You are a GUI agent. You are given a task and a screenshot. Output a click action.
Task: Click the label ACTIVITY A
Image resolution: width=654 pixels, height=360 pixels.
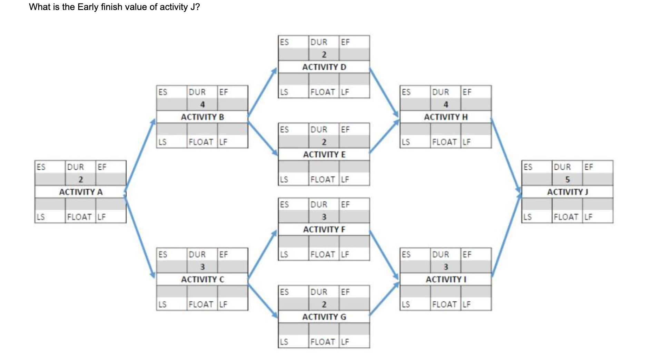pyautogui.click(x=81, y=192)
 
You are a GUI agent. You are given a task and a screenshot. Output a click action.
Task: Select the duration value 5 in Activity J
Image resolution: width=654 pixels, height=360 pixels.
pyautogui.click(x=567, y=179)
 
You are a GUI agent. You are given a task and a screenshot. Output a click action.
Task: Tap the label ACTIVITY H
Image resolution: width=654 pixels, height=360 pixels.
pyautogui.click(x=446, y=117)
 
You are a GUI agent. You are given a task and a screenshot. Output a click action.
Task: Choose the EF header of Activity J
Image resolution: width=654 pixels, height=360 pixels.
pyautogui.click(x=588, y=167)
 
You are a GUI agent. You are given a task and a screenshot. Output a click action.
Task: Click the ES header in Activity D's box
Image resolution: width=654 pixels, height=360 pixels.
pyautogui.click(x=284, y=42)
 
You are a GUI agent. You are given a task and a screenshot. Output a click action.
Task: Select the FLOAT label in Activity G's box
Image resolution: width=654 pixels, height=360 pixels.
pyautogui.click(x=323, y=342)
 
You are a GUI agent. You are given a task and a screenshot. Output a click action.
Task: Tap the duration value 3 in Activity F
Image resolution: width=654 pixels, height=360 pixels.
pyautogui.click(x=324, y=217)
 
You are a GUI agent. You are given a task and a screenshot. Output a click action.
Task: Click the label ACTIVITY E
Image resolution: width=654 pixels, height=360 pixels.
pyautogui.click(x=324, y=154)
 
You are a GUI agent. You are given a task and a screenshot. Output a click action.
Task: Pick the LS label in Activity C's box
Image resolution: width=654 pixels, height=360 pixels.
pyautogui.click(x=162, y=304)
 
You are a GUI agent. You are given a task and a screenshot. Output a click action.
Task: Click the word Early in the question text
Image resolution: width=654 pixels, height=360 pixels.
pyautogui.click(x=88, y=7)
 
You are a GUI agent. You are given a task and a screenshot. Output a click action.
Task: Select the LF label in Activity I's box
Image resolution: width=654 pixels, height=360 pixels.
pyautogui.click(x=466, y=304)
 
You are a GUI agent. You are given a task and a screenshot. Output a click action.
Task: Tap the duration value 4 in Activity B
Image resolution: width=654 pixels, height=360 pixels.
pyautogui.click(x=202, y=104)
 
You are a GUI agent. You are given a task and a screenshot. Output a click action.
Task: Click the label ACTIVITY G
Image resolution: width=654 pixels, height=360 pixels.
pyautogui.click(x=324, y=317)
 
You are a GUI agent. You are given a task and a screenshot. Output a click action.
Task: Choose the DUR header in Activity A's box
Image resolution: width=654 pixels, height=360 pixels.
pyautogui.click(x=76, y=167)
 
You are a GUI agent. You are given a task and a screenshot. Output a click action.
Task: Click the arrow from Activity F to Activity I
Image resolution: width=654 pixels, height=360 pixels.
pyautogui.click(x=384, y=254)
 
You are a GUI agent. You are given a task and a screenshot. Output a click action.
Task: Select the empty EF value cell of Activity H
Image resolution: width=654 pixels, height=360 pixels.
pyautogui.click(x=476, y=104)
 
